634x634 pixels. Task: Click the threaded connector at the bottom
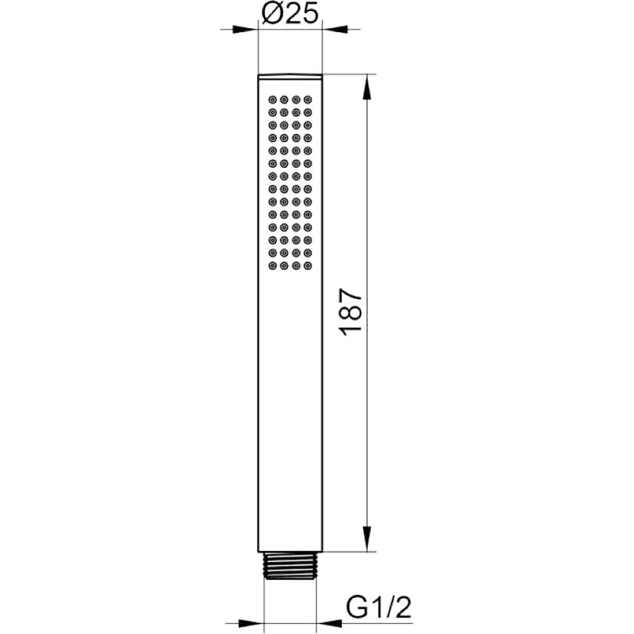click(290, 565)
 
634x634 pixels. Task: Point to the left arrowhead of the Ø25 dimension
click(246, 29)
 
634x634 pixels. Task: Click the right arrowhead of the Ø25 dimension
click(334, 29)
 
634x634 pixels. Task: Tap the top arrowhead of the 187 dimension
click(367, 87)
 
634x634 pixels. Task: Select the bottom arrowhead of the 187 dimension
click(367, 539)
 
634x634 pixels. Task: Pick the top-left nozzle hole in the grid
click(272, 99)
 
